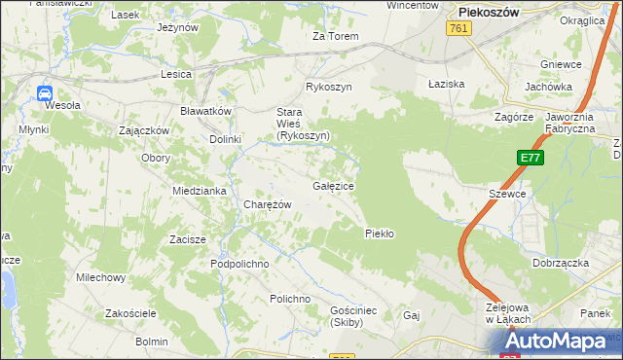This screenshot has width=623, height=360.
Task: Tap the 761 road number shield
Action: tap(460, 30)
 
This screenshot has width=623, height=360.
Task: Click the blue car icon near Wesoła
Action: tap(45, 93)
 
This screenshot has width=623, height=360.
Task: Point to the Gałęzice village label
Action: tap(333, 185)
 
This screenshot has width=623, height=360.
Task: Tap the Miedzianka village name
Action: tap(200, 191)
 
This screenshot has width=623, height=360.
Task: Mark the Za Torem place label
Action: tap(335, 37)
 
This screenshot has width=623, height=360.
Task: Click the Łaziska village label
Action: tap(447, 85)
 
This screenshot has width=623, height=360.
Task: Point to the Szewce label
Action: tap(507, 194)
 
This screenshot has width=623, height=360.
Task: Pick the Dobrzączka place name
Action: tap(559, 263)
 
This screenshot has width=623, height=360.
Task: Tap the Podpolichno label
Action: tap(239, 264)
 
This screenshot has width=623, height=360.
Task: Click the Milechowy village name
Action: tap(101, 277)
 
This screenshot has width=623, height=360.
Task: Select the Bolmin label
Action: tap(152, 342)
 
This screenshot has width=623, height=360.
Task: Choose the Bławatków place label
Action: tap(205, 111)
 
